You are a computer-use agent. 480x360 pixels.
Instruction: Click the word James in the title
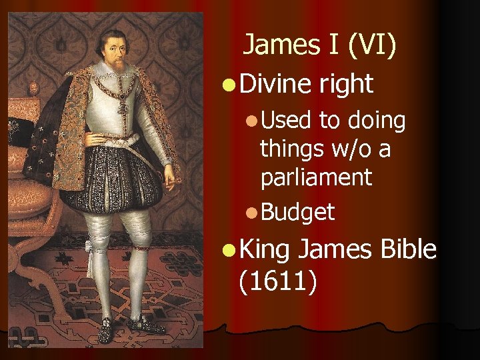click(274, 45)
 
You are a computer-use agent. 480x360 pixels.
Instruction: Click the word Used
click(286, 121)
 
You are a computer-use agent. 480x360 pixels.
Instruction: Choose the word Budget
click(297, 212)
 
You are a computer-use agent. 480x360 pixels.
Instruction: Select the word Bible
click(409, 249)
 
